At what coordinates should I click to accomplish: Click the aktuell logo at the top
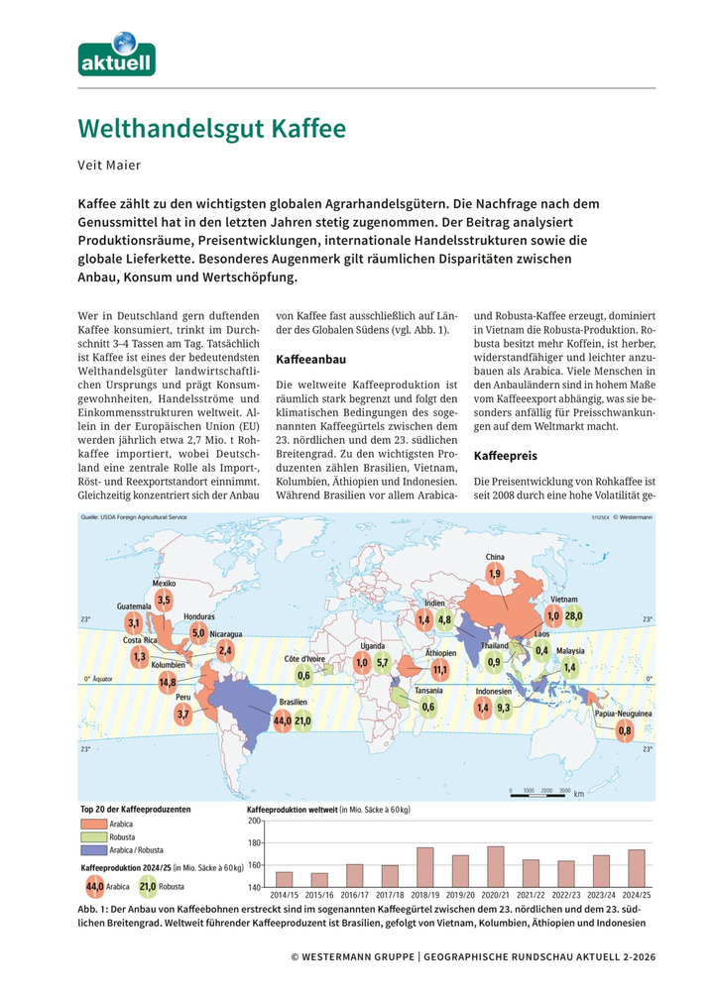117,55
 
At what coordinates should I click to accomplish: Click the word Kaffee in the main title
298,130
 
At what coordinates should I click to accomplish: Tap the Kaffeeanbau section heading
310,359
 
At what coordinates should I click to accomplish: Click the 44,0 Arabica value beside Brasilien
282,719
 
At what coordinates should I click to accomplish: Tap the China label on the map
495,557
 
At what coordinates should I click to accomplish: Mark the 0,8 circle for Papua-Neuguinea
624,731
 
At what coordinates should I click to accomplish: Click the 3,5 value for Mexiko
164,601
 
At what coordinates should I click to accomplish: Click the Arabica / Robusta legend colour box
98,850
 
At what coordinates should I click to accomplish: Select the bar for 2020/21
495,866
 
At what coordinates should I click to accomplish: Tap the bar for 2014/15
284,879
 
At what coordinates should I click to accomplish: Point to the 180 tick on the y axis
253,843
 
